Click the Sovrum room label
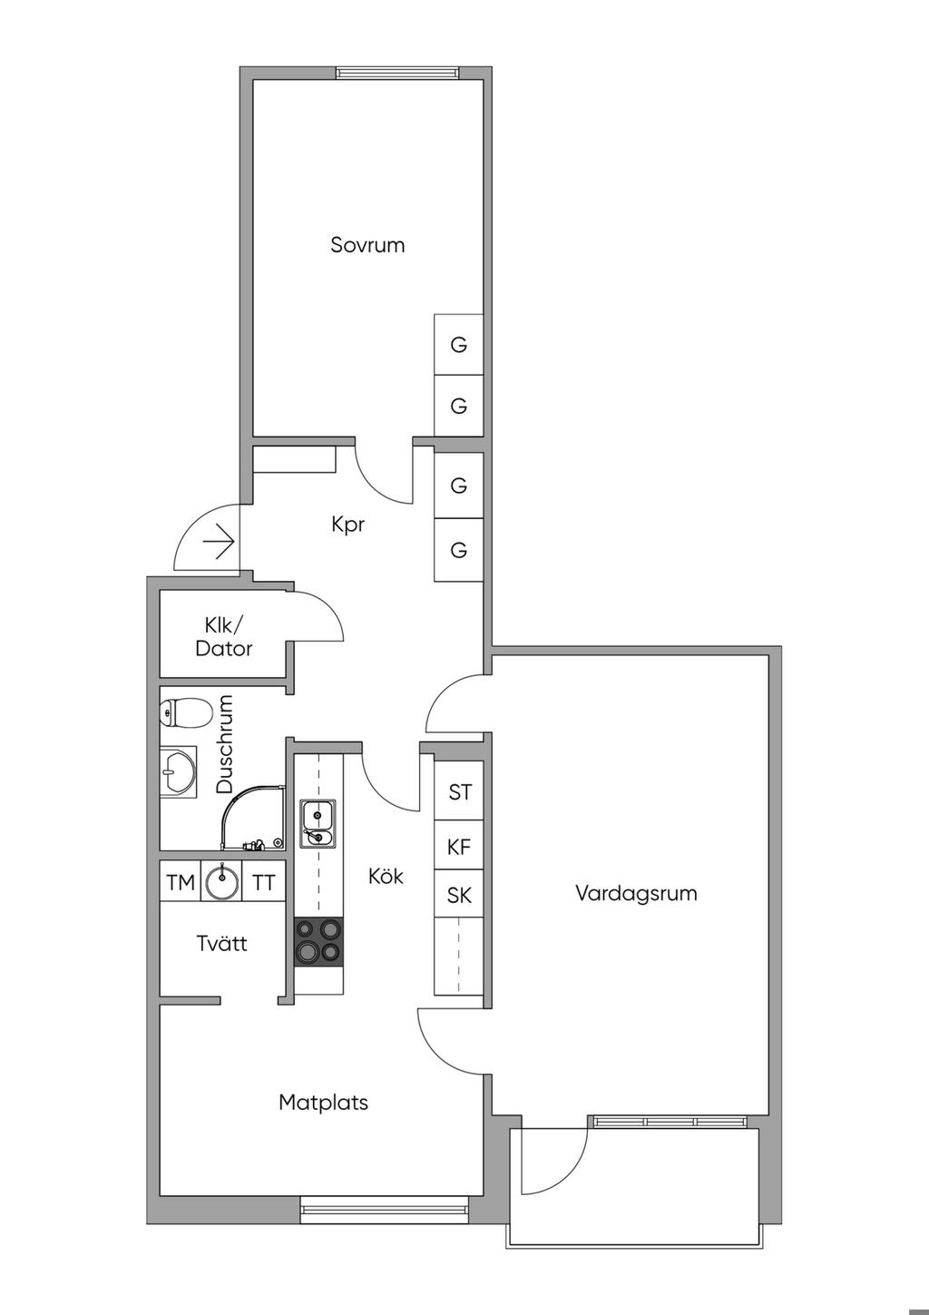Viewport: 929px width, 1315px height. click(367, 245)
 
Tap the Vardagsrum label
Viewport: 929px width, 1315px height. click(636, 893)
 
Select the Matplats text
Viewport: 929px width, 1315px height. click(323, 1103)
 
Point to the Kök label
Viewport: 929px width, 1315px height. click(386, 877)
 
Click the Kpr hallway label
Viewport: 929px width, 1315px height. click(348, 525)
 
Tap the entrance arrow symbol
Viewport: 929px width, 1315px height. click(219, 544)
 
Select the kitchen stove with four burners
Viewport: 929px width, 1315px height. click(318, 940)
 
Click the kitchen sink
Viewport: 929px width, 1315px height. click(318, 823)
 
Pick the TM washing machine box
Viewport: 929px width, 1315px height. click(181, 882)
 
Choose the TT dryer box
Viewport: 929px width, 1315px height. click(263, 882)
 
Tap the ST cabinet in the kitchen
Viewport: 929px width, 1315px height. click(460, 792)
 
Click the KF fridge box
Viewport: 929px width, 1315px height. click(459, 847)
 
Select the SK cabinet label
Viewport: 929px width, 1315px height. click(459, 896)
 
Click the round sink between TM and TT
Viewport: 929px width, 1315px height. click(221, 881)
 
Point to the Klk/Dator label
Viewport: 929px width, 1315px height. click(223, 636)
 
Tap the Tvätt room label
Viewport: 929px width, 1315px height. click(221, 944)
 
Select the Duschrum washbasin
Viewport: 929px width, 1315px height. click(177, 772)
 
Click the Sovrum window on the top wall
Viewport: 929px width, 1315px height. click(396, 73)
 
